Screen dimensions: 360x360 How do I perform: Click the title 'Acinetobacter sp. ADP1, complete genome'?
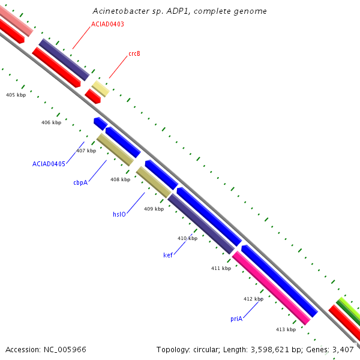tap(180, 11)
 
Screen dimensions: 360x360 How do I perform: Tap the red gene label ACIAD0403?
tap(108, 24)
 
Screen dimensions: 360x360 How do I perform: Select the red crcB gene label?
tap(134, 53)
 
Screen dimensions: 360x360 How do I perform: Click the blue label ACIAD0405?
tap(49, 163)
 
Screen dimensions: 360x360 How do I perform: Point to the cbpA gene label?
tap(80, 182)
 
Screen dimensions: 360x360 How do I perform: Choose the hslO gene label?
tap(119, 214)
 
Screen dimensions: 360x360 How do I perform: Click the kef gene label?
tap(168, 255)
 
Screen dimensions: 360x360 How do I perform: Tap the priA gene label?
tap(236, 319)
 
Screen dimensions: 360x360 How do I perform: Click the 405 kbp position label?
tap(16, 95)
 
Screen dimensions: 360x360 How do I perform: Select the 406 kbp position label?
tap(52, 122)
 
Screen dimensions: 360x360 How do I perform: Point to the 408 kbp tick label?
tap(120, 179)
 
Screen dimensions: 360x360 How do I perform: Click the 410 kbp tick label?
tap(187, 238)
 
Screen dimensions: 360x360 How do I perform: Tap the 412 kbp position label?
tap(253, 299)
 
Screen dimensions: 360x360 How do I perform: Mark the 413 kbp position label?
tap(286, 329)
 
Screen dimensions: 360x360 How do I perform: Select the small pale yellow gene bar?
tap(100, 89)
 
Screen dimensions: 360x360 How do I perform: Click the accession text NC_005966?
tap(65, 349)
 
